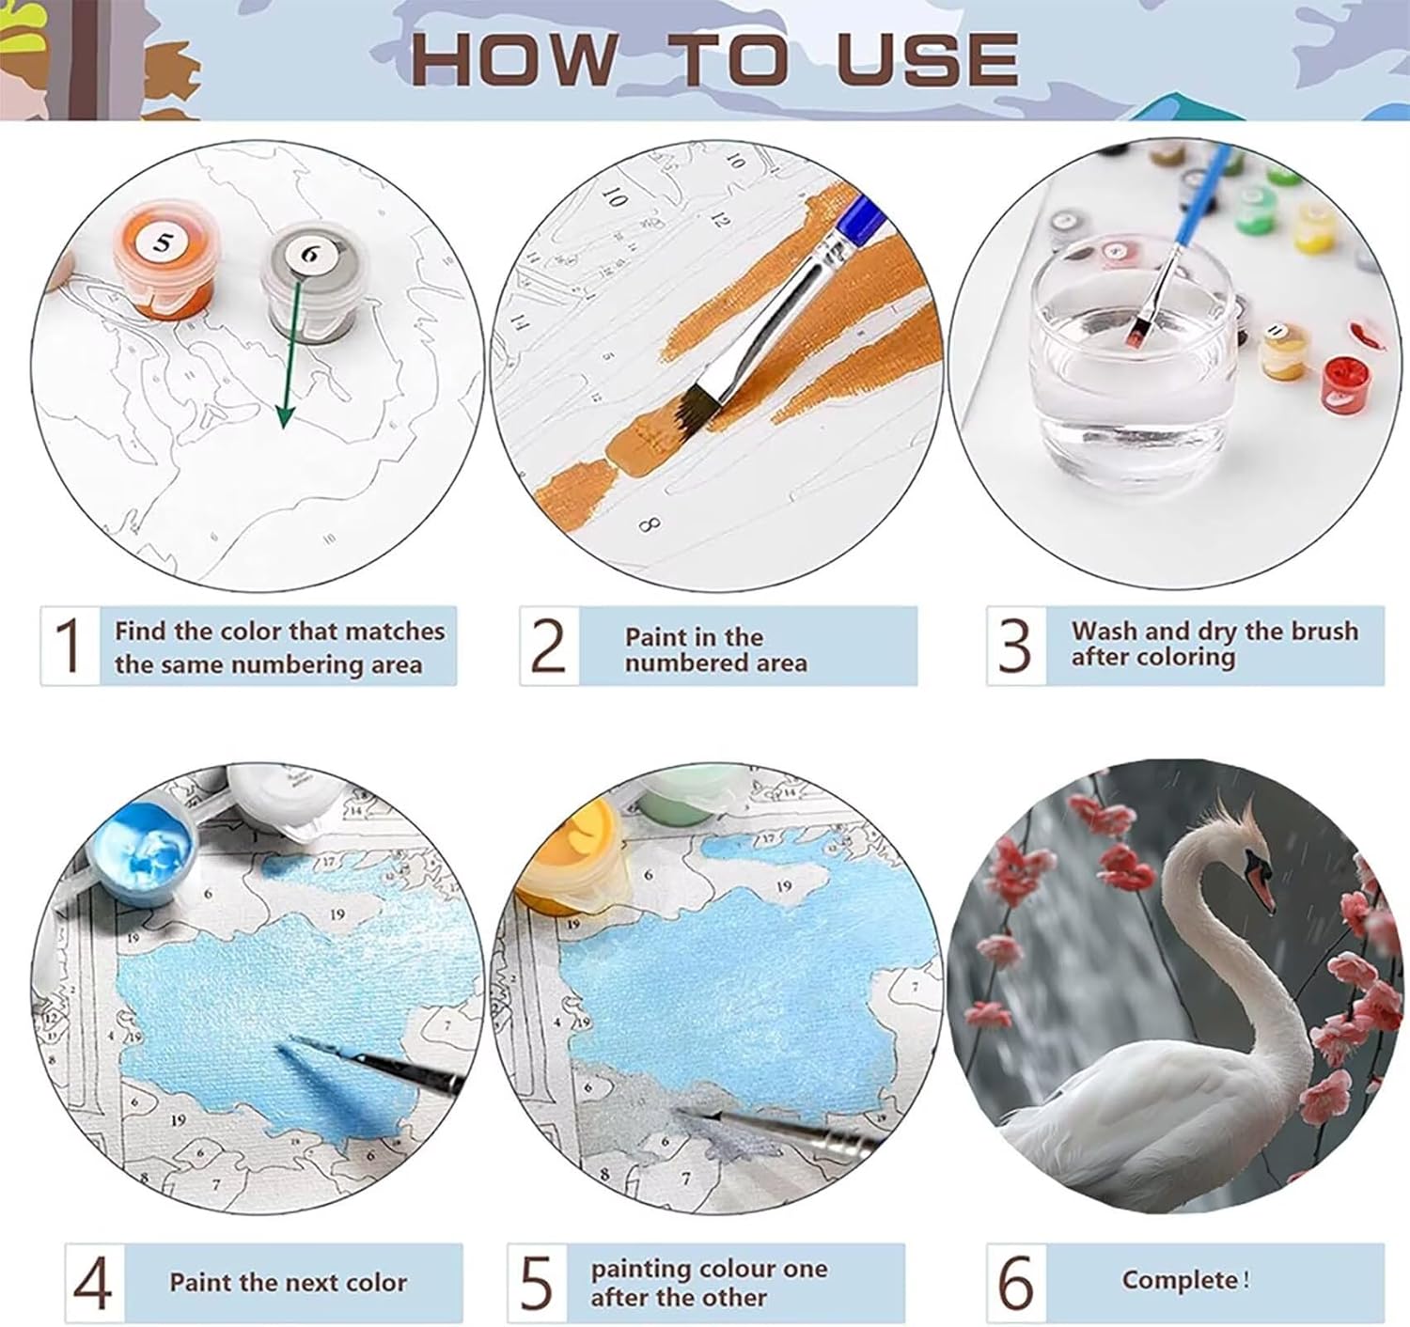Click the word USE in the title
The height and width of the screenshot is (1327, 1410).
tap(928, 59)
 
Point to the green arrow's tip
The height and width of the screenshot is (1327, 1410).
tap(284, 428)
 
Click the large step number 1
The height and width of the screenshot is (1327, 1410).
tap(69, 646)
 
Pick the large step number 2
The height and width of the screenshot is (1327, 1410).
tap(547, 646)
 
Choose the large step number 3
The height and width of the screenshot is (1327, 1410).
tap(1014, 646)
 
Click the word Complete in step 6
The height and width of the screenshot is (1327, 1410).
tap(1180, 1281)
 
